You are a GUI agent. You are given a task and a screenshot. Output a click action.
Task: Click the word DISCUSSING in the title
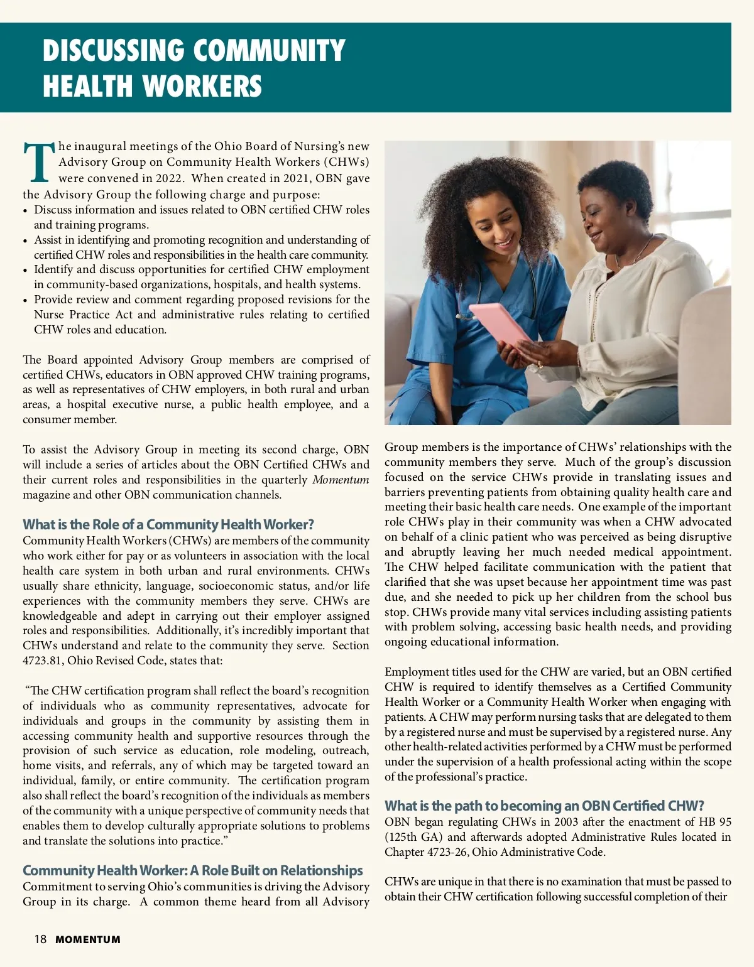tap(113, 51)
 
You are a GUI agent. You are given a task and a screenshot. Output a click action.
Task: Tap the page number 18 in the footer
tap(40, 939)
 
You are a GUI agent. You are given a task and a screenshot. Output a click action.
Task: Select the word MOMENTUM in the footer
tap(87, 940)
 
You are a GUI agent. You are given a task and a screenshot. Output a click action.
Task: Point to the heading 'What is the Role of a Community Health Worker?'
tap(168, 524)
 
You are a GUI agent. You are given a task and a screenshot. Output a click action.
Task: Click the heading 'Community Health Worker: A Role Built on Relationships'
tap(192, 870)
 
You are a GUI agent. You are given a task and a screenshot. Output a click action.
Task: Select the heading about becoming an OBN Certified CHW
tap(544, 806)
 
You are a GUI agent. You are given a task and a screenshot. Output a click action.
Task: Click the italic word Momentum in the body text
tap(341, 480)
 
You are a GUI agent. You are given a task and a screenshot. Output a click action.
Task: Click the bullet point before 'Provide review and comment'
tap(25, 301)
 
